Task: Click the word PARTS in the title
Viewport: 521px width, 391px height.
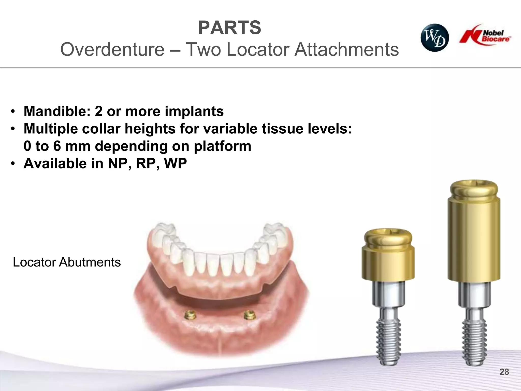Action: [229, 28]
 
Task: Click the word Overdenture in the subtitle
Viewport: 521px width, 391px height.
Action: [112, 49]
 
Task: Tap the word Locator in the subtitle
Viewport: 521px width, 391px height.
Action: [258, 49]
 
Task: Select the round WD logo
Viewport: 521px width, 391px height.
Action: [435, 38]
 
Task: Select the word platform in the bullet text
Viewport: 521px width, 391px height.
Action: [222, 146]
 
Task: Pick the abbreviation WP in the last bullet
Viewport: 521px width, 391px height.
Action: [175, 163]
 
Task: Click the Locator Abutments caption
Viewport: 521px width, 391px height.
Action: [67, 262]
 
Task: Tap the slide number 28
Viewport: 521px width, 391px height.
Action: [504, 372]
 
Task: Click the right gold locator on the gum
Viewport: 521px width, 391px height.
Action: [249, 315]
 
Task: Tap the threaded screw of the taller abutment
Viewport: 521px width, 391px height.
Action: [474, 344]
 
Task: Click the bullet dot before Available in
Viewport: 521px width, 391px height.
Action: [13, 164]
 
